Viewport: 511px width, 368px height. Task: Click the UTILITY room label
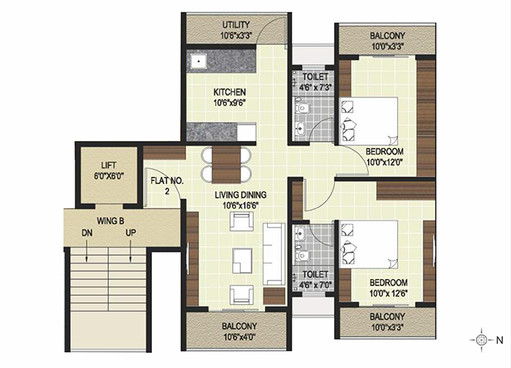click(236, 25)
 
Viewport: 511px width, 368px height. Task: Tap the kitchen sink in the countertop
click(198, 61)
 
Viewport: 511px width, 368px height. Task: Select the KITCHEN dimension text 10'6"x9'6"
click(229, 103)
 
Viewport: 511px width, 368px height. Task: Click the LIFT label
click(109, 165)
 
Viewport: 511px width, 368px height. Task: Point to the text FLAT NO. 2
click(167, 185)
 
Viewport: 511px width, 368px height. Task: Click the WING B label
click(110, 221)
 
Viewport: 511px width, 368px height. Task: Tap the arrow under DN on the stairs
click(87, 251)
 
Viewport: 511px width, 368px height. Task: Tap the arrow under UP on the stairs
click(131, 251)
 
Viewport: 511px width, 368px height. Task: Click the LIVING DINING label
click(240, 195)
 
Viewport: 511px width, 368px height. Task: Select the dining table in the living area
click(226, 165)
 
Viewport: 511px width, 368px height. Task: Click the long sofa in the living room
click(274, 253)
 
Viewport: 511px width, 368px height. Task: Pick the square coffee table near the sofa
click(242, 261)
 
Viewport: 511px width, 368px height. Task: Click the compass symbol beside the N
click(481, 340)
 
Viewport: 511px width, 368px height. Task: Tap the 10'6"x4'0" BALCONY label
click(239, 331)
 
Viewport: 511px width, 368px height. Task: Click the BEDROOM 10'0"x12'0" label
click(385, 156)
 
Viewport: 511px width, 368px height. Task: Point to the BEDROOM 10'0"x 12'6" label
click(388, 288)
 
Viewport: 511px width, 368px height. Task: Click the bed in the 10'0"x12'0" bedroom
click(368, 121)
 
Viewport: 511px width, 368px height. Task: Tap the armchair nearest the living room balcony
click(242, 295)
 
